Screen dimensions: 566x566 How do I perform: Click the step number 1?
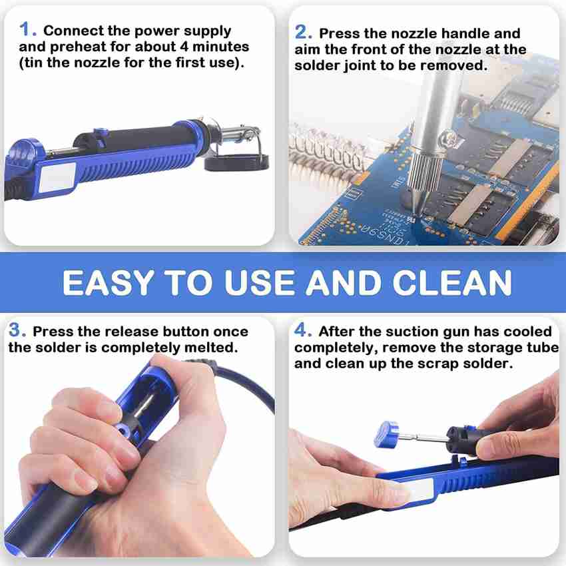pyautogui.click(x=27, y=29)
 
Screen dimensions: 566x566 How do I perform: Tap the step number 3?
pyautogui.click(x=17, y=330)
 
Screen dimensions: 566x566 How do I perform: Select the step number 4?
pyautogui.click(x=303, y=330)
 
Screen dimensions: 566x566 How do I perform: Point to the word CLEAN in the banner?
pyautogui.click(x=452, y=282)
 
